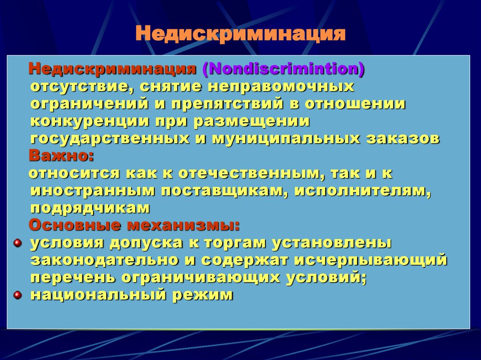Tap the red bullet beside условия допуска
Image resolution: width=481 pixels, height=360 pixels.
click(x=17, y=243)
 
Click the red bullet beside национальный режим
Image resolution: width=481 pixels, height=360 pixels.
click(x=17, y=295)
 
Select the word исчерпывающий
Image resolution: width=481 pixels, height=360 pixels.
click(x=370, y=260)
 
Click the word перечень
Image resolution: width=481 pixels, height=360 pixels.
click(x=72, y=277)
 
